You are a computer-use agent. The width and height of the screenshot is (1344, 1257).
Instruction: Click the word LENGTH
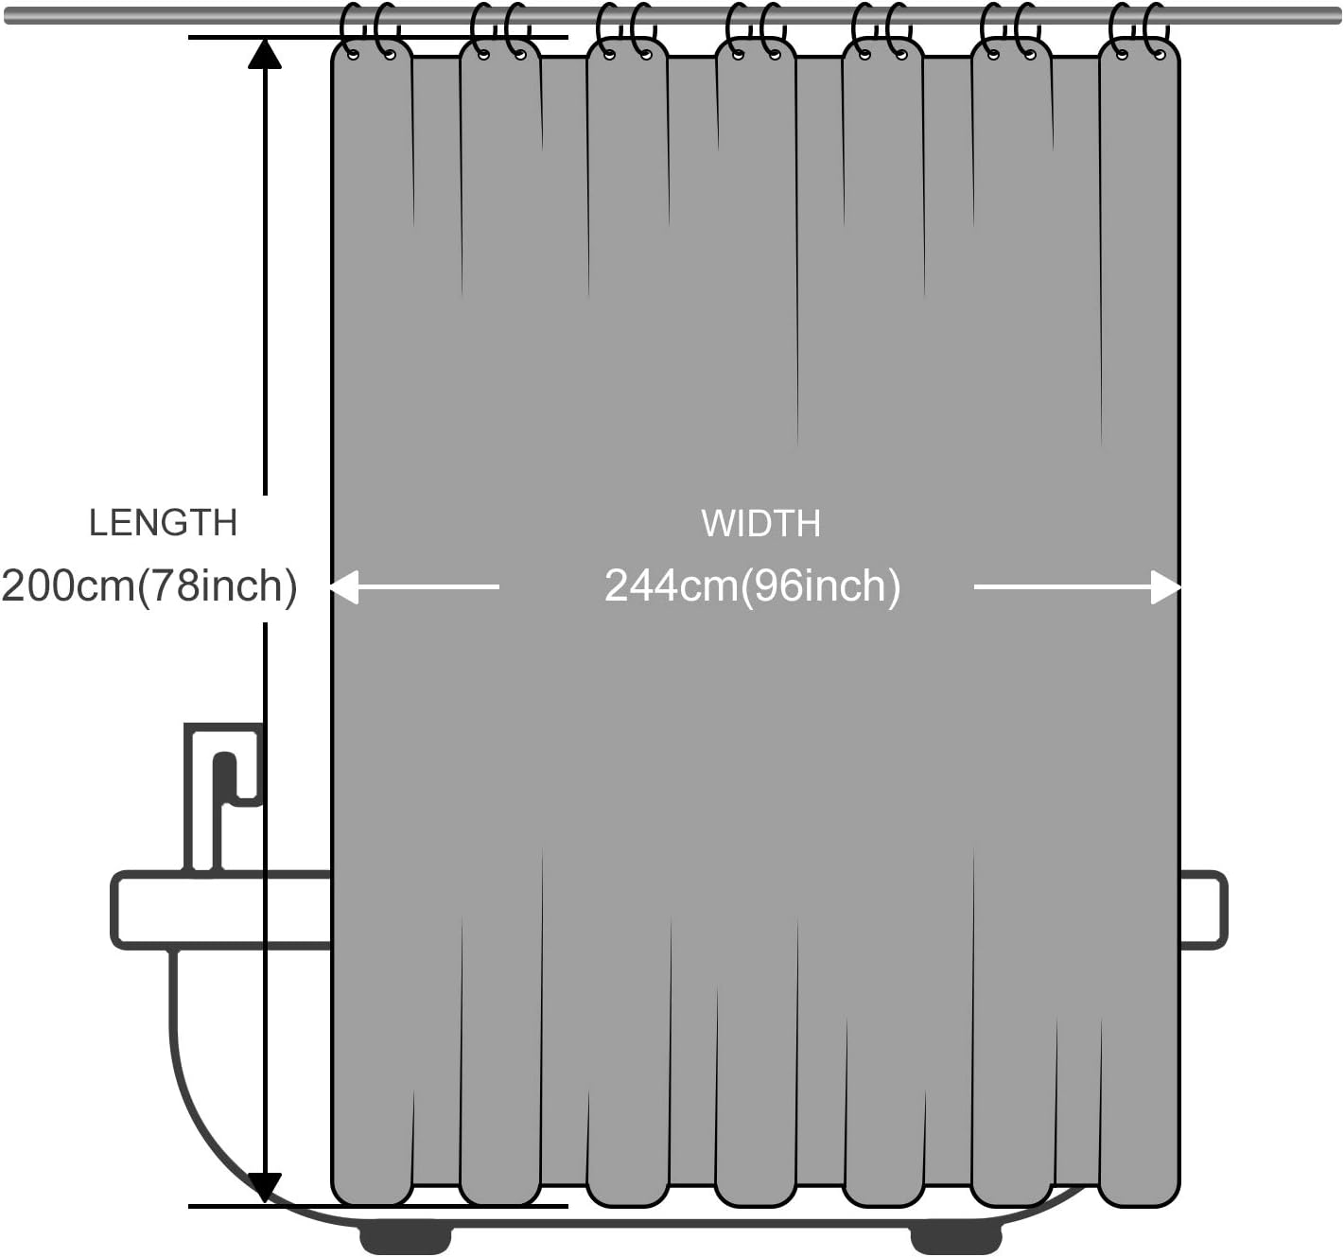(163, 523)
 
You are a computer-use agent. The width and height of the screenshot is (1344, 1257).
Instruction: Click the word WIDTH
(760, 524)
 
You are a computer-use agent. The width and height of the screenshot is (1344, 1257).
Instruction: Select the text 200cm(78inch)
(149, 586)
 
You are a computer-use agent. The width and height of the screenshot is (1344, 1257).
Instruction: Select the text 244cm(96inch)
(752, 586)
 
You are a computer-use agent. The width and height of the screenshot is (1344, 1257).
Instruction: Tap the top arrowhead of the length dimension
(265, 54)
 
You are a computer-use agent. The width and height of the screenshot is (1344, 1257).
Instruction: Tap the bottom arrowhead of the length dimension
(265, 1186)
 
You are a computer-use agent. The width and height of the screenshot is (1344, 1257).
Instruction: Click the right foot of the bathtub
(955, 1238)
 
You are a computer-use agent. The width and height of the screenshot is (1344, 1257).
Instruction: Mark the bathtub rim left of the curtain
(221, 910)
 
